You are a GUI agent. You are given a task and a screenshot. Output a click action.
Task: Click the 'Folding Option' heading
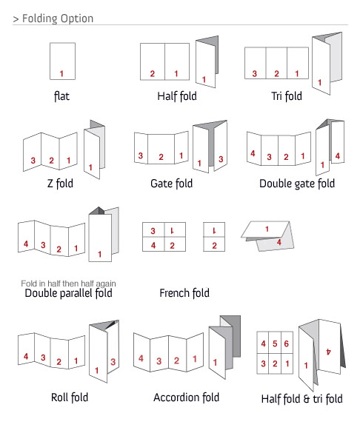[58, 19]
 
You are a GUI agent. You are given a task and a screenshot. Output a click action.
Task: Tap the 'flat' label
[61, 96]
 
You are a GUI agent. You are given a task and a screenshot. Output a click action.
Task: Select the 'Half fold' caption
[177, 96]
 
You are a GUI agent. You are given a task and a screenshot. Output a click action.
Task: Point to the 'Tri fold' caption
[287, 96]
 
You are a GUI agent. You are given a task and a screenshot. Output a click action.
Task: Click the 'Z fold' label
[61, 184]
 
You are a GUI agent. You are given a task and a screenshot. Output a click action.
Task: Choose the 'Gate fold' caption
[171, 184]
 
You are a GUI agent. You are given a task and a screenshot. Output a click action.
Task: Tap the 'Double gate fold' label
[297, 184]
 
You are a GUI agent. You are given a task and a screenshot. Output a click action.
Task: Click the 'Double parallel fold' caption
[68, 293]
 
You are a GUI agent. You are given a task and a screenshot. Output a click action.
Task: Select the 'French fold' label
[184, 293]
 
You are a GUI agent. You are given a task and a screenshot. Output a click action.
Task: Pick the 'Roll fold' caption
[70, 398]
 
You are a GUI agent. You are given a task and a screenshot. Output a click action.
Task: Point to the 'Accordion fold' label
[187, 398]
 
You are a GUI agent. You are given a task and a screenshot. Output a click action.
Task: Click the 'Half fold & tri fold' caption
[302, 399]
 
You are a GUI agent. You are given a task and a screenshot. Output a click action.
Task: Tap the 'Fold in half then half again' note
[68, 284]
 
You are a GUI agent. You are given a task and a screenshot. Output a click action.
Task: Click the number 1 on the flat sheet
[61, 74]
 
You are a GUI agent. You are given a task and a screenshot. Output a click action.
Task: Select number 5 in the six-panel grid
[275, 343]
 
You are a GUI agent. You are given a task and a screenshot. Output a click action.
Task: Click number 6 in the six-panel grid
[286, 343]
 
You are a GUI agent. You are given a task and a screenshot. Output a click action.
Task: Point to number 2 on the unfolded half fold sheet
[153, 74]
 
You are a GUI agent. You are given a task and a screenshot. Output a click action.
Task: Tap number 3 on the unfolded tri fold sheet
[255, 74]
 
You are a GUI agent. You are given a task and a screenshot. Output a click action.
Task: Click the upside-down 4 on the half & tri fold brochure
[329, 352]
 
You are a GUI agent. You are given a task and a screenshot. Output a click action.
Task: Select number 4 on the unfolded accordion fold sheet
[141, 358]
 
